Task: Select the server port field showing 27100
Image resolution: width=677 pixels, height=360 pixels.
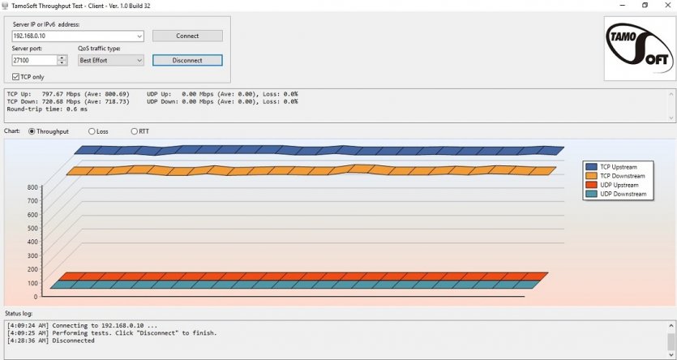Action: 34,60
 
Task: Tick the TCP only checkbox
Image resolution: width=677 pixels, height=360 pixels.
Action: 16,76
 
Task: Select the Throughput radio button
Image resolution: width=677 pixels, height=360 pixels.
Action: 32,131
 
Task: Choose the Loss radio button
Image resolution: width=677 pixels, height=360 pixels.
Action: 92,131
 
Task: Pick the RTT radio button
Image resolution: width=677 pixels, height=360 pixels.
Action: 135,131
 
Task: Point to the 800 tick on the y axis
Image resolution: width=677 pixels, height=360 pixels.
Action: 32,188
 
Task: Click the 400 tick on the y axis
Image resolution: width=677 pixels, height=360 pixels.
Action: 32,242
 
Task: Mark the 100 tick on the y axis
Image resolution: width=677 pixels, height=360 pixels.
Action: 32,283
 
